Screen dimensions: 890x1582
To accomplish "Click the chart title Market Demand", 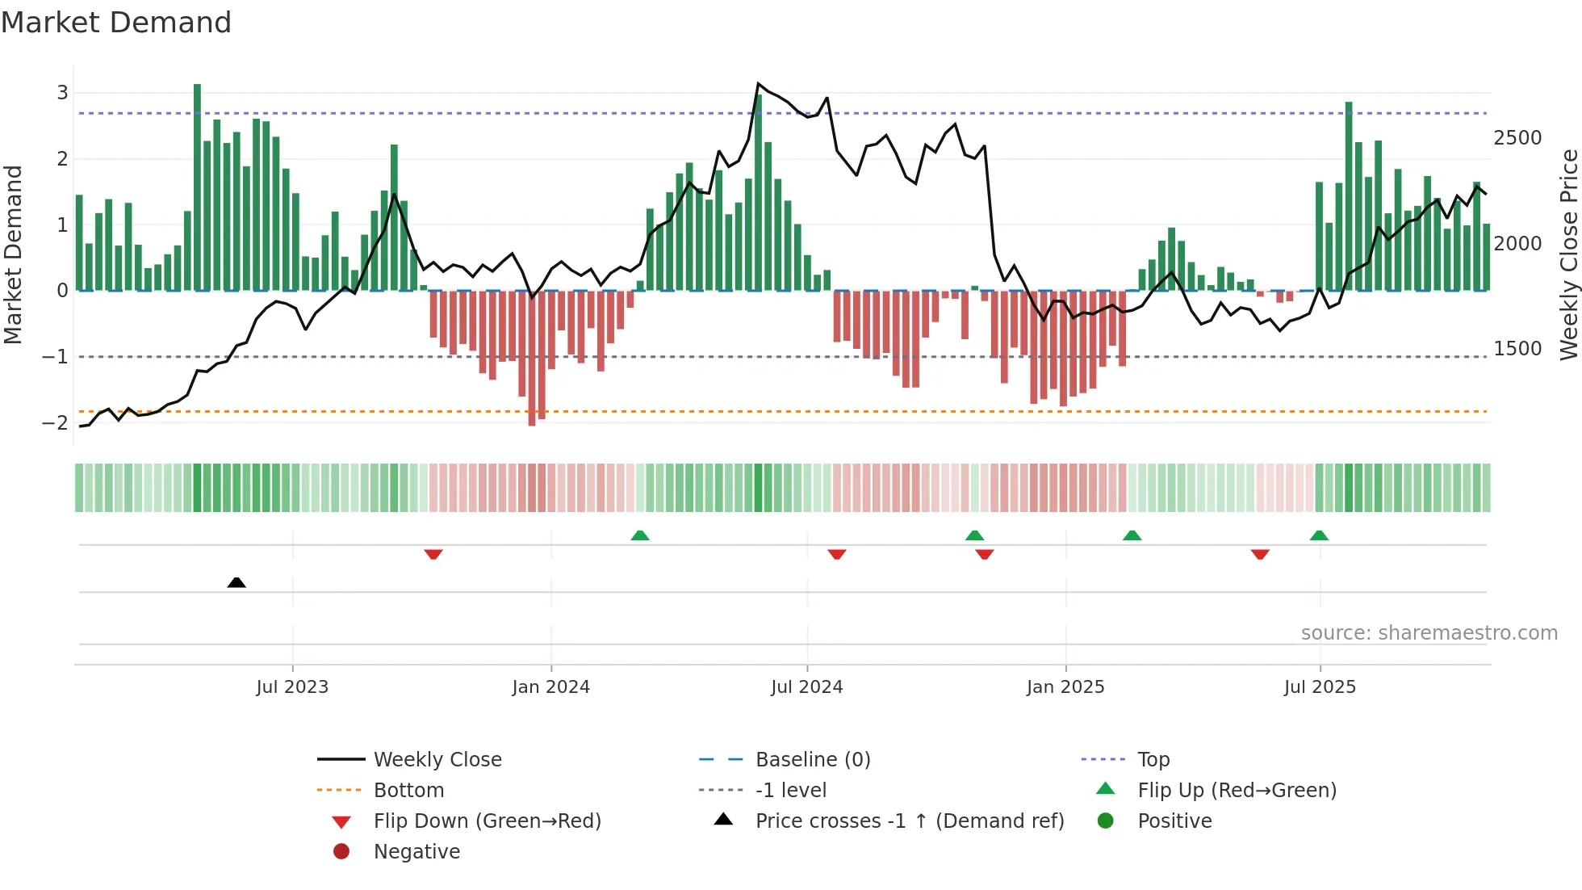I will coord(116,23).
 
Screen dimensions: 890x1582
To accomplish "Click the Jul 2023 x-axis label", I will coord(292,687).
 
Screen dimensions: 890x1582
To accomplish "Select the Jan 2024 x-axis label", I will coord(550,687).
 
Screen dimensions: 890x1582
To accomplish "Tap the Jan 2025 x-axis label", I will coord(1065,687).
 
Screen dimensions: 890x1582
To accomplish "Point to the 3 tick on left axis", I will coord(62,93).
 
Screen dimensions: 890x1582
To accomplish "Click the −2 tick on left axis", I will coord(56,422).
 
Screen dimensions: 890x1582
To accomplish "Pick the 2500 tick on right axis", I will coord(1517,138).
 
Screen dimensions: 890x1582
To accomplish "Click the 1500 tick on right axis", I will coord(1517,349).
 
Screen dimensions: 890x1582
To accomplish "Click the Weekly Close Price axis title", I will coord(1568,254).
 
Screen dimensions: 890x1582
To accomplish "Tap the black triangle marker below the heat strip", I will coord(236,583).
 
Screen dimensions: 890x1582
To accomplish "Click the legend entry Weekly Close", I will coord(437,760).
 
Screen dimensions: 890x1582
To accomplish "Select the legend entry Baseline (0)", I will coord(812,760).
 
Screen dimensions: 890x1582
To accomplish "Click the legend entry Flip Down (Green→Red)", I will coord(487,821).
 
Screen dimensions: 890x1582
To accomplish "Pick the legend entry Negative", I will coord(416,852).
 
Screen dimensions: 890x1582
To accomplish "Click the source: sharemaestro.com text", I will coord(1429,633).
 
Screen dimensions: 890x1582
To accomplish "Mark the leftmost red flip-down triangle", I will coord(433,555).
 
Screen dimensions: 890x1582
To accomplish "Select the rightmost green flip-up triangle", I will coord(1319,535).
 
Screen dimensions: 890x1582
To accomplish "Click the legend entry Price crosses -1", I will coord(909,821).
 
